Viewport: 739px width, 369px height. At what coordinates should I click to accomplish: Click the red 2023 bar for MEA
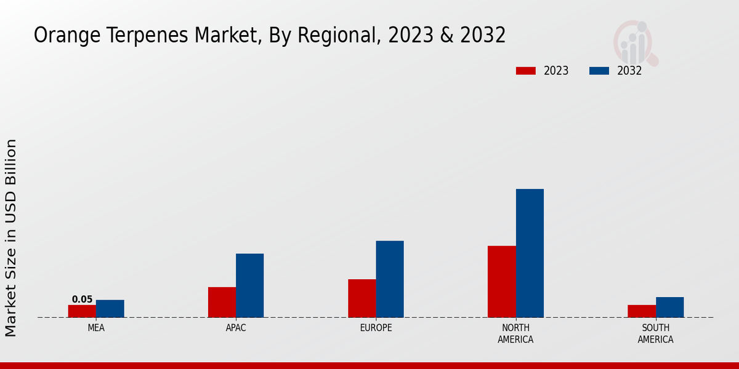[82, 311]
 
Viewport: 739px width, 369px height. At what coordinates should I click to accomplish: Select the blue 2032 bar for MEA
[110, 309]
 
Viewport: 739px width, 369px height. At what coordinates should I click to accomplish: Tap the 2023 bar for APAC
[222, 302]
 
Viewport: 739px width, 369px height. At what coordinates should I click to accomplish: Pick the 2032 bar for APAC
[250, 285]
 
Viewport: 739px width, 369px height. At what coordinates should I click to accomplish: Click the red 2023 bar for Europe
[362, 298]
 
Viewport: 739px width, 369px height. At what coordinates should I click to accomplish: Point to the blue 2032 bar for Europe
[390, 279]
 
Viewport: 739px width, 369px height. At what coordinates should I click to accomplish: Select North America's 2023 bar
[502, 282]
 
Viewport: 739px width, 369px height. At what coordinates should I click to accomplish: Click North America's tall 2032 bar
[530, 253]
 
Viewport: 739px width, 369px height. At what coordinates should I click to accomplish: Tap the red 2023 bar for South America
[642, 311]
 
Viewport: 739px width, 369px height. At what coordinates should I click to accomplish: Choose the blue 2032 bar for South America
[669, 307]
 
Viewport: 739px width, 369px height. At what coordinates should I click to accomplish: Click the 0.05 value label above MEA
[82, 300]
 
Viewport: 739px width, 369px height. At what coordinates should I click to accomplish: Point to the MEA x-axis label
[96, 328]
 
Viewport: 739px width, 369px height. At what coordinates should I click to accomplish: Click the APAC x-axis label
[236, 328]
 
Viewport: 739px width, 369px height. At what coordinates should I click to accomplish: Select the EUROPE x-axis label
[376, 328]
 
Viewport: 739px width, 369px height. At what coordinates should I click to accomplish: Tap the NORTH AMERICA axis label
[516, 334]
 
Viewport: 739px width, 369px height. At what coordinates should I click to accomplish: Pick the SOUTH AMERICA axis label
[655, 334]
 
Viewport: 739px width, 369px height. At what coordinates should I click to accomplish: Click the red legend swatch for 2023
[526, 71]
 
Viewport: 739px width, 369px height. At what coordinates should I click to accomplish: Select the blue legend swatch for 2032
[599, 71]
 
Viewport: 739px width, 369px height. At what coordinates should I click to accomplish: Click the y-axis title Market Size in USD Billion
[11, 237]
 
